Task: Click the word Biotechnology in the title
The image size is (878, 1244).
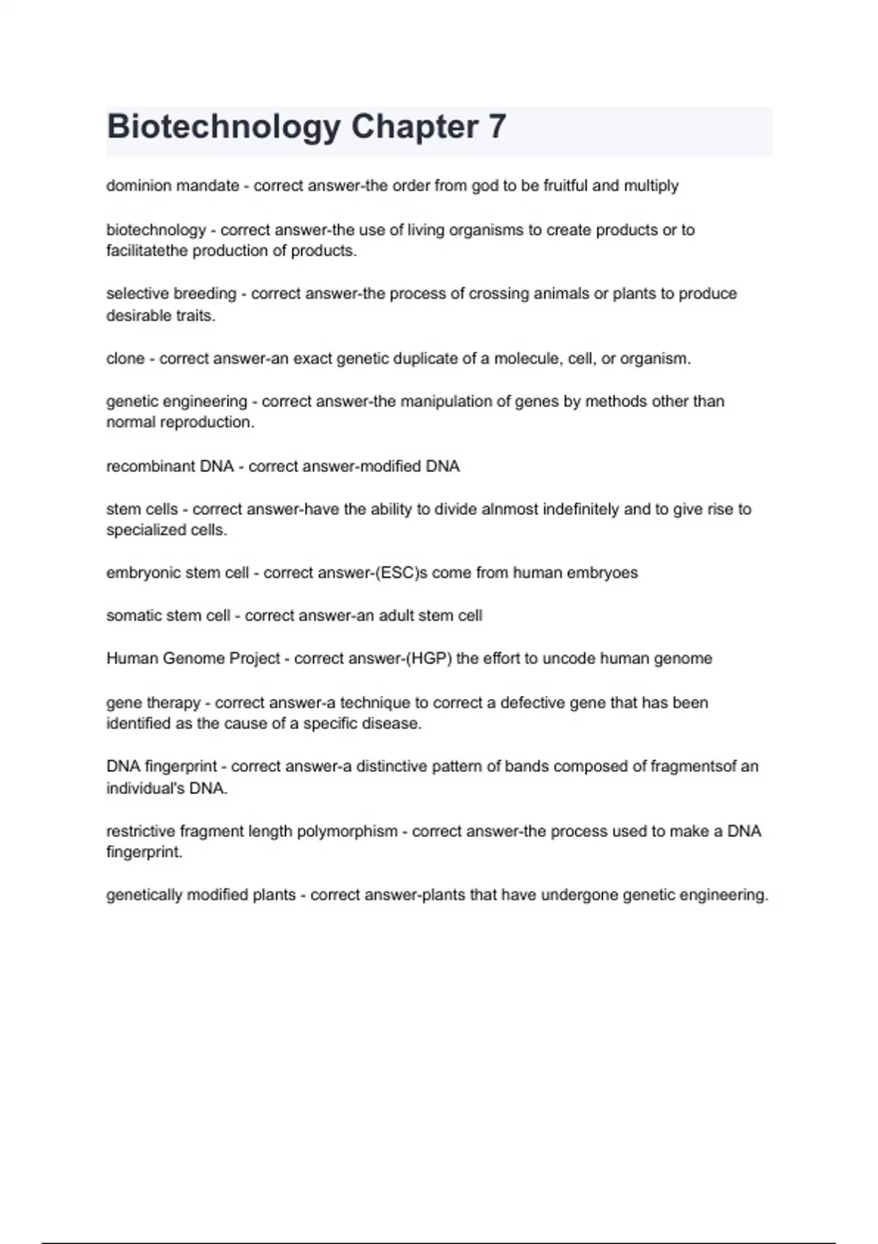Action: (223, 127)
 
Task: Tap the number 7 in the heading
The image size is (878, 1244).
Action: (497, 127)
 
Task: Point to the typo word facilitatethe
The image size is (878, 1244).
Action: (146, 251)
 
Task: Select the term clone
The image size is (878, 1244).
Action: (125, 359)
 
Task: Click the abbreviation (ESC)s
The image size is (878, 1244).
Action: (401, 573)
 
